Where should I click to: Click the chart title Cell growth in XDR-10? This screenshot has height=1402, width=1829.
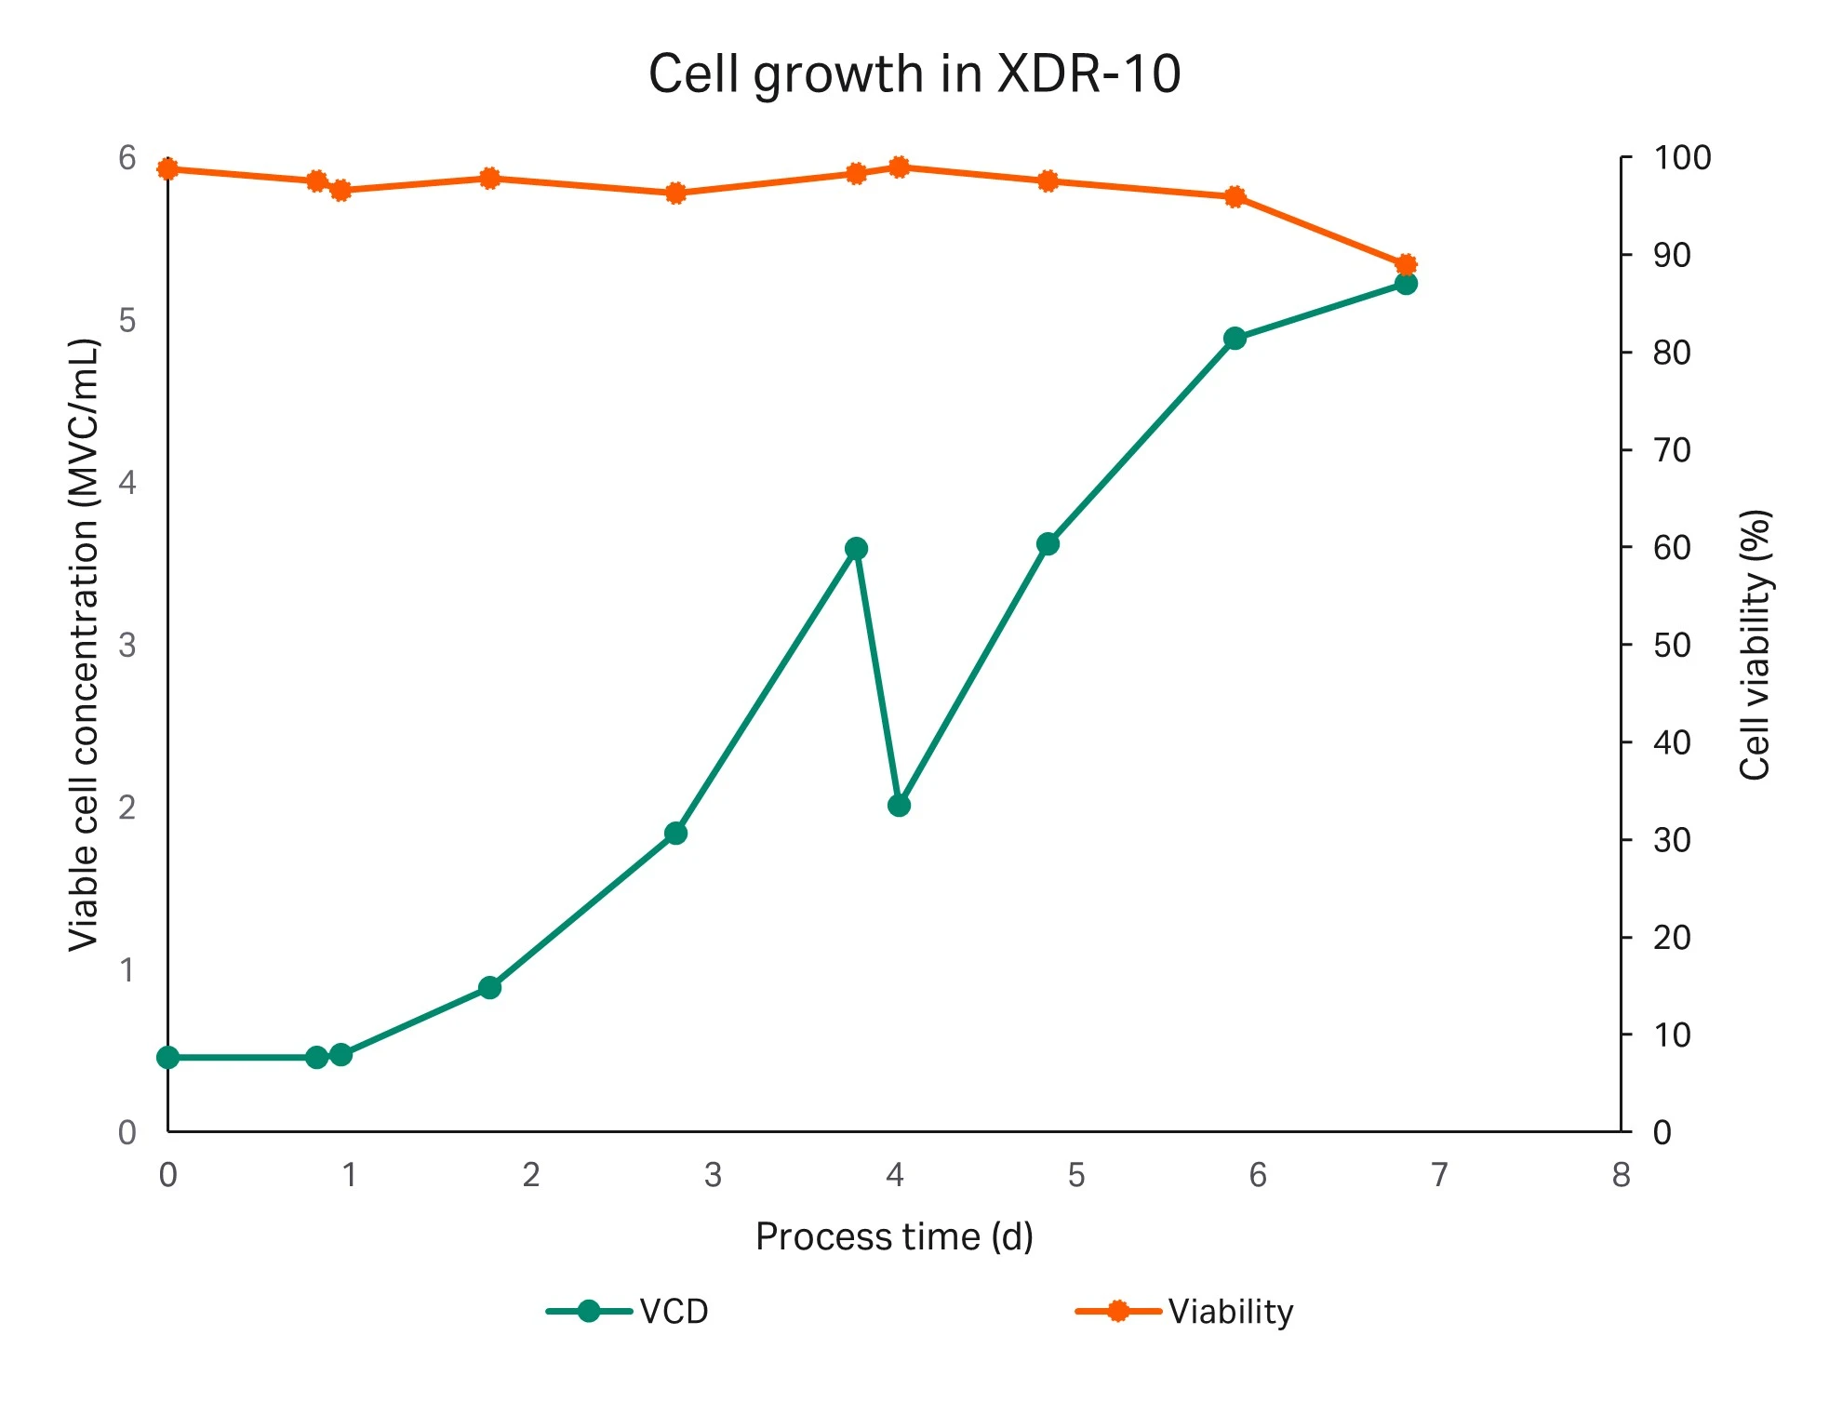point(914,73)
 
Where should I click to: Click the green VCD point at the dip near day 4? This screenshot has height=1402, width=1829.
point(899,805)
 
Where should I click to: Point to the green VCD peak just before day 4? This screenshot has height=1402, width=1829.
point(856,548)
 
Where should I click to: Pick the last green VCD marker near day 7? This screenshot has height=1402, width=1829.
point(1406,284)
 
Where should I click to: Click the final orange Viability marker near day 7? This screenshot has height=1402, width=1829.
point(1406,264)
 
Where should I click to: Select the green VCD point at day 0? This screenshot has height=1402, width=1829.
point(167,1057)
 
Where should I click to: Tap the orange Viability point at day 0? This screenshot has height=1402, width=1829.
point(167,168)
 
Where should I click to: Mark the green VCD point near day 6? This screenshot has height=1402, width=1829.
point(1235,338)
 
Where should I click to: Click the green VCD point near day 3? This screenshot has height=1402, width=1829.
point(675,833)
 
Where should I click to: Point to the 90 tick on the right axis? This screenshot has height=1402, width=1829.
point(1671,255)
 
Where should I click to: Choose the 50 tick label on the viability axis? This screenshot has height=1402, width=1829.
point(1671,645)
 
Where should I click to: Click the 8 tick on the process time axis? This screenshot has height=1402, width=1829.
point(1621,1175)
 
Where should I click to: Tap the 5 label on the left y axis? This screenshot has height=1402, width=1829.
point(127,321)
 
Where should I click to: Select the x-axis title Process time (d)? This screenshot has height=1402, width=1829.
point(894,1236)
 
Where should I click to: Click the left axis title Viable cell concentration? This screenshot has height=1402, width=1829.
point(84,644)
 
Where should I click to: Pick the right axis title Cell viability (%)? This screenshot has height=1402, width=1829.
point(1755,644)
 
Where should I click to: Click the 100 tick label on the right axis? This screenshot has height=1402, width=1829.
point(1681,157)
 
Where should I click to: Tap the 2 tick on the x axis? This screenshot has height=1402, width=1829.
point(530,1175)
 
